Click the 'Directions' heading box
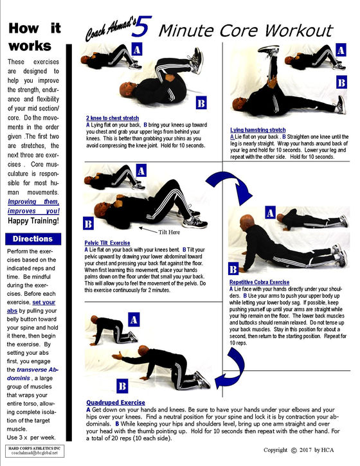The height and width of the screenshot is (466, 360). (x=33, y=238)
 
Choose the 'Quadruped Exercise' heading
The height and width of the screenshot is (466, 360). (x=114, y=402)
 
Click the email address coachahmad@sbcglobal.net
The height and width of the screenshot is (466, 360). (x=33, y=453)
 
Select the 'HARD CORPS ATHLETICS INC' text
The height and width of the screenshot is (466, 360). (x=33, y=446)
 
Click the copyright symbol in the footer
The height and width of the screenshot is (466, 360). (x=294, y=451)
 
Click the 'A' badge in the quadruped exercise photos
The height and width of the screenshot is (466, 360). (x=134, y=319)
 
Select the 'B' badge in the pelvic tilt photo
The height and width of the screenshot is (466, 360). (x=88, y=224)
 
